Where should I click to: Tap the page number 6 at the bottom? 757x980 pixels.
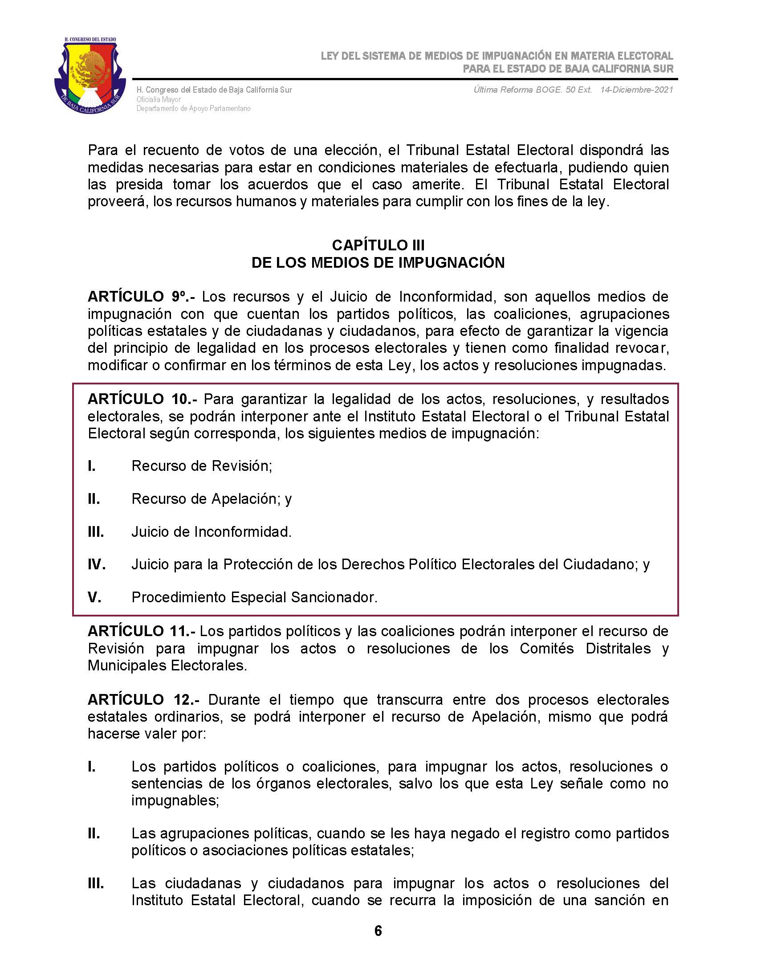[x=378, y=931]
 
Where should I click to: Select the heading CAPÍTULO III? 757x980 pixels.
[x=378, y=245]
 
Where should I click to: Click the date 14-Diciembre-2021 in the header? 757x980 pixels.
[x=637, y=90]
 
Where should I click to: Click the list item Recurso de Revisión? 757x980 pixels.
[x=202, y=466]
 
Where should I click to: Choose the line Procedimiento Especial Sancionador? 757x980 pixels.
[x=254, y=597]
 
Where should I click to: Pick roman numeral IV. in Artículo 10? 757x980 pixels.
[x=97, y=564]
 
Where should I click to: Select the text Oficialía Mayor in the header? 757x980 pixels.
[x=159, y=99]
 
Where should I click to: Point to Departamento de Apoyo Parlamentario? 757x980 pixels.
[x=193, y=109]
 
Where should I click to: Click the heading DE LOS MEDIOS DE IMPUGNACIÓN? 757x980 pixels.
[x=378, y=262]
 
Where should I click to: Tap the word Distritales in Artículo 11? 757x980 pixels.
[x=618, y=649]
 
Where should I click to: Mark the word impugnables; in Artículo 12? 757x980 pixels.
[x=175, y=800]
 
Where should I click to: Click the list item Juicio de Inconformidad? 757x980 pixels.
[x=211, y=532]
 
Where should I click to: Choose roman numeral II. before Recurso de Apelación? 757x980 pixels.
[x=94, y=498]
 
